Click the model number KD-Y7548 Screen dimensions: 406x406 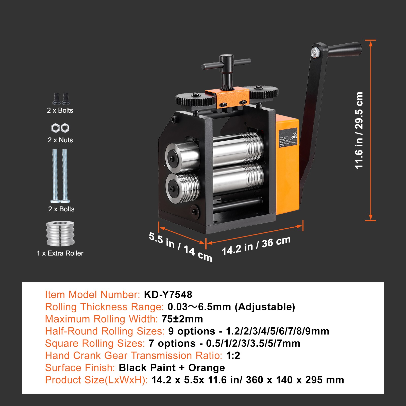click(168, 295)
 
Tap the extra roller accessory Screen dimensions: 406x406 click(60, 233)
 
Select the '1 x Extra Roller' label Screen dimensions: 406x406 click(60, 253)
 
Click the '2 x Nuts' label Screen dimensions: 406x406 click(60, 140)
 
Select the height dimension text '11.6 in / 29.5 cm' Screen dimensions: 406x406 click(359, 130)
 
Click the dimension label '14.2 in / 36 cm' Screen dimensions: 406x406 click(256, 246)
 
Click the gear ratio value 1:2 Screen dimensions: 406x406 click(233, 356)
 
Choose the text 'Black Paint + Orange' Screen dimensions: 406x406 click(172, 368)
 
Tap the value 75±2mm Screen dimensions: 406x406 click(182, 319)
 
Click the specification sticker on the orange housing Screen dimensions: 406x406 click(288, 138)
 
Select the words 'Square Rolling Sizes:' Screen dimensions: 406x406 click(95, 343)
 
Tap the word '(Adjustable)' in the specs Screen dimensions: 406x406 click(265, 307)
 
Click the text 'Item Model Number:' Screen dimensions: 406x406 click(92, 295)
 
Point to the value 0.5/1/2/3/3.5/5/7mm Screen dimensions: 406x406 click(253, 343)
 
